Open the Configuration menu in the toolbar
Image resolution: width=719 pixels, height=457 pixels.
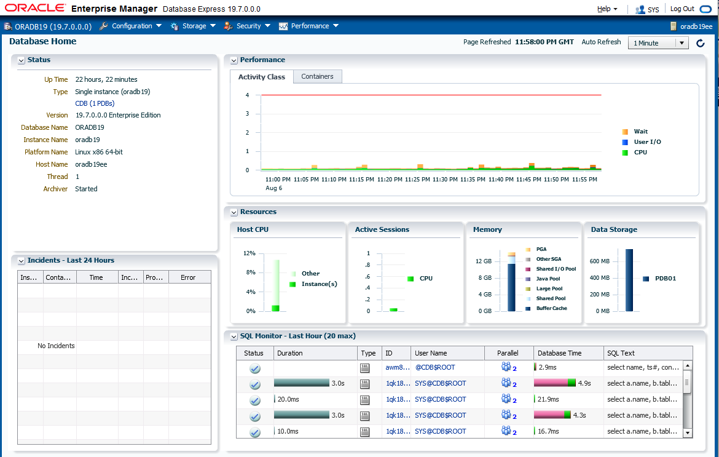click(131, 26)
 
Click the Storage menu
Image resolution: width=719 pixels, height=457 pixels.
click(194, 26)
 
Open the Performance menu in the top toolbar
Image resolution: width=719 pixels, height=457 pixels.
click(309, 26)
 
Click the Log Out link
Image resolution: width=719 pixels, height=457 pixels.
click(682, 9)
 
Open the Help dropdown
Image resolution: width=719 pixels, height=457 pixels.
click(607, 9)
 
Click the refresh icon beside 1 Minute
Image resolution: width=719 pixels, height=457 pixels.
click(701, 43)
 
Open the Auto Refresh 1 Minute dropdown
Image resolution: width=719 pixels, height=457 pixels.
click(658, 43)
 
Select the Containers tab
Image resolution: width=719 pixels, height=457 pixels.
click(317, 77)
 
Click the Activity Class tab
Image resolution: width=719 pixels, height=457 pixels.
click(262, 77)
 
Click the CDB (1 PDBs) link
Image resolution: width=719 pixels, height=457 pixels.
click(95, 103)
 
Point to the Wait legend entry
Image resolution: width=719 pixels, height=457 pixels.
click(640, 132)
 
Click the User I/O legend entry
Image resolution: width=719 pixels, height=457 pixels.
click(647, 142)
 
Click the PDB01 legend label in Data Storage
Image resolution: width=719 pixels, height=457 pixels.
click(665, 279)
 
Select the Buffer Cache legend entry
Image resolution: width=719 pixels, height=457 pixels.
click(551, 308)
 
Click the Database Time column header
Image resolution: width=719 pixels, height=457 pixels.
click(559, 353)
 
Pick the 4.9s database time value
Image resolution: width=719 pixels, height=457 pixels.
click(584, 383)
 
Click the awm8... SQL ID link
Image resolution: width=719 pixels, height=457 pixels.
click(397, 367)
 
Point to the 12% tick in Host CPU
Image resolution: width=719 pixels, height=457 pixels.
click(249, 253)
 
